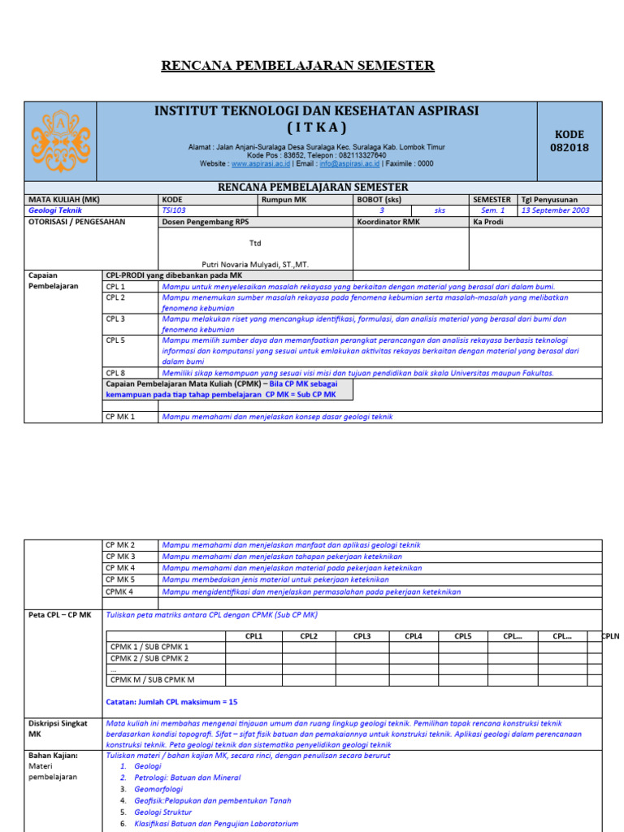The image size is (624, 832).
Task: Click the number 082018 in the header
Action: [x=570, y=148]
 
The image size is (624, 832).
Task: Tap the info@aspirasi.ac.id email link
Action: [x=349, y=163]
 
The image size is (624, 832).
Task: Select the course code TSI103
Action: [x=174, y=210]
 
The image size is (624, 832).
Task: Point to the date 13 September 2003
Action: [x=556, y=210]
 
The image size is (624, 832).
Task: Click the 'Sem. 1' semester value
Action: [x=492, y=210]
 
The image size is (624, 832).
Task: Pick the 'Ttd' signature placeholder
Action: [x=255, y=242]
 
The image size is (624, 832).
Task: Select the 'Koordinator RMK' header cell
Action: [x=388, y=222]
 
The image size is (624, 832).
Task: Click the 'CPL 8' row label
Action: [x=115, y=373]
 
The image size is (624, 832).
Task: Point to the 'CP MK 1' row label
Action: [x=120, y=417]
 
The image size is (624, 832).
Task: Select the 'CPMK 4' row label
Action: [x=119, y=591]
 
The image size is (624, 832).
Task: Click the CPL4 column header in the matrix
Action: [x=414, y=636]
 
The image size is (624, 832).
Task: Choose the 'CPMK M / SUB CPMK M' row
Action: [x=152, y=679]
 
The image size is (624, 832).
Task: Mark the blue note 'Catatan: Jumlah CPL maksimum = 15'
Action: [x=172, y=701]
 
